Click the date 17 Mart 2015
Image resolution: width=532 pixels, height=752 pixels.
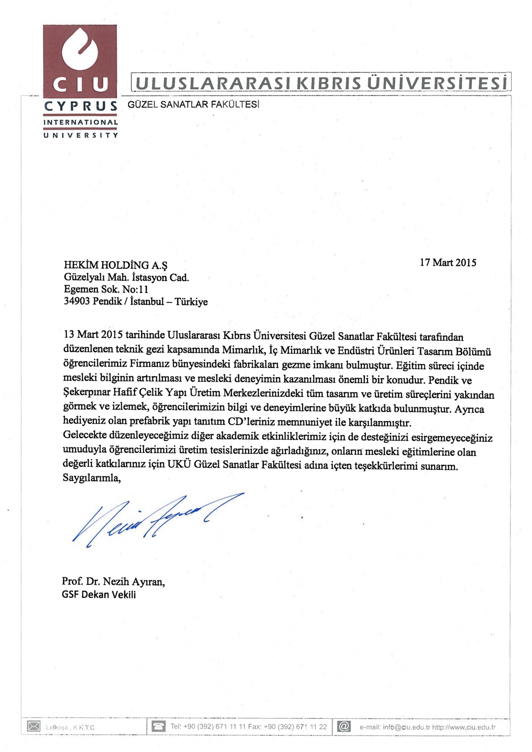pyautogui.click(x=448, y=263)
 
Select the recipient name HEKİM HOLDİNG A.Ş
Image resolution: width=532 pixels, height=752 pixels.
pyautogui.click(x=115, y=266)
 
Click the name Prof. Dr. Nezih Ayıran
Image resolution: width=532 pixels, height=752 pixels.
pyautogui.click(x=113, y=582)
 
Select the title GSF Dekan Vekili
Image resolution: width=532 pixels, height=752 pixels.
pyautogui.click(x=99, y=595)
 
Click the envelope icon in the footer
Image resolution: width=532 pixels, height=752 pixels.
pyautogui.click(x=34, y=727)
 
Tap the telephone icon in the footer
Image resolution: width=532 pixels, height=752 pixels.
pyautogui.click(x=159, y=727)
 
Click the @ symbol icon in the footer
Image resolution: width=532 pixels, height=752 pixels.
pyautogui.click(x=344, y=727)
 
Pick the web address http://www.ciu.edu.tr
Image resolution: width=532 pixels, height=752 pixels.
pyautogui.click(x=464, y=727)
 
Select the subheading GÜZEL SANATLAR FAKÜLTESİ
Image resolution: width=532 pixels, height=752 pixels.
pyautogui.click(x=193, y=105)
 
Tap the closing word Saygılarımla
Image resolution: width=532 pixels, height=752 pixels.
pyautogui.click(x=92, y=478)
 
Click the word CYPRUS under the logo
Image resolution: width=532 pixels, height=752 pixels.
pyautogui.click(x=81, y=106)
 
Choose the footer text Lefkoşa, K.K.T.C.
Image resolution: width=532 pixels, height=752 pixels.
pyautogui.click(x=70, y=728)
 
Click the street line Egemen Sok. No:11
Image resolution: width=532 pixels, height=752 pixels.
pyautogui.click(x=106, y=289)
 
